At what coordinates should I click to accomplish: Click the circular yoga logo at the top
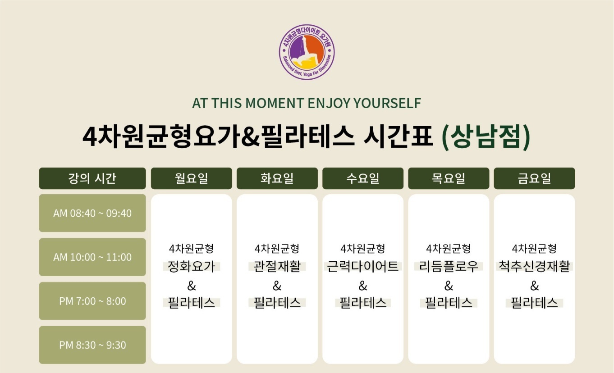coord(307,52)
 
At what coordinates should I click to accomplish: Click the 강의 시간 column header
coord(92,178)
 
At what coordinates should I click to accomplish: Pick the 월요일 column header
coord(192,178)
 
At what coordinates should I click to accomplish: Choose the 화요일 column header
coord(277,178)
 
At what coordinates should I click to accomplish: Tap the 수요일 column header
coord(363,178)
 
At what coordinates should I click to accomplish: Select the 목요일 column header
coord(449,178)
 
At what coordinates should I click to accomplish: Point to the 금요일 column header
coord(534,178)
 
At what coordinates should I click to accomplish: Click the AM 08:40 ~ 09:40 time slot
coord(92,213)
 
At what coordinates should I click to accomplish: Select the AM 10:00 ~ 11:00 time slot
coord(92,257)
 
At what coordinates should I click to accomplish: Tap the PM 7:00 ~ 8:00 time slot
coord(92,301)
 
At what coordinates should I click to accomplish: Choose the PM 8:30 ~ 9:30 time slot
coord(92,345)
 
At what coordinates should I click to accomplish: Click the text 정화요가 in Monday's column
coord(192,267)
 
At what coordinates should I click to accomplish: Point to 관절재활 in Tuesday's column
coord(277,267)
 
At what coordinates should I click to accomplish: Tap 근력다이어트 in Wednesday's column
coord(363,267)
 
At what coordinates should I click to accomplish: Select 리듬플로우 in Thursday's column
coord(449,267)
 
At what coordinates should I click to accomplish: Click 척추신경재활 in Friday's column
coord(534,267)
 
